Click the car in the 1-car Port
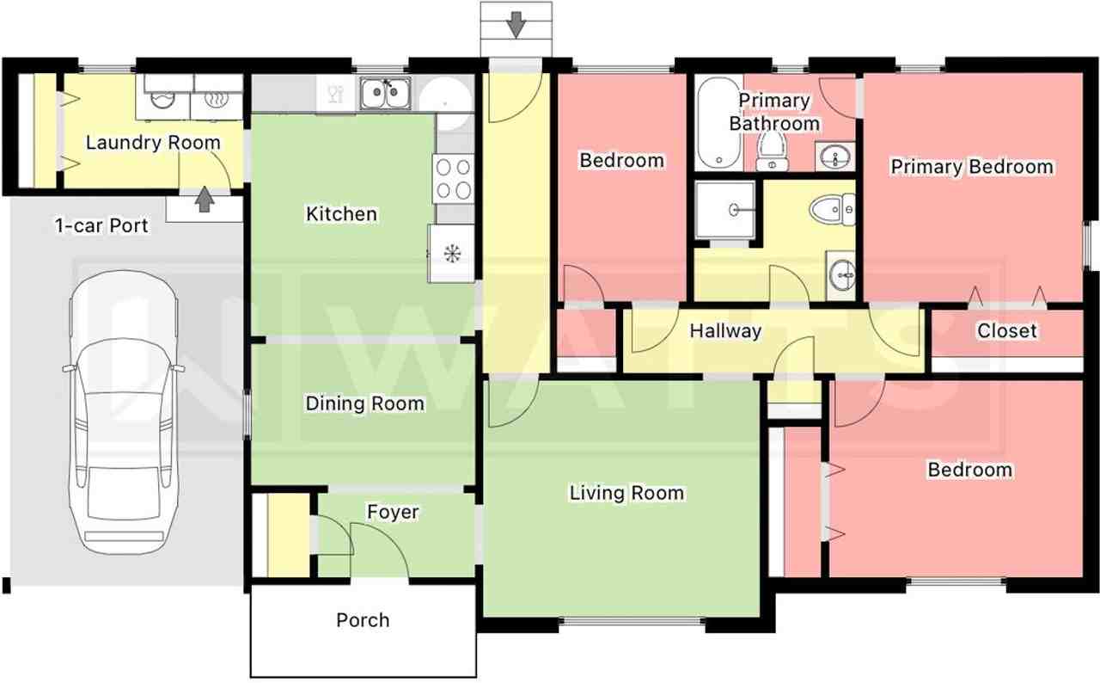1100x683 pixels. [x=123, y=412]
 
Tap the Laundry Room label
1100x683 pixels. [x=153, y=143]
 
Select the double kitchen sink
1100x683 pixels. [x=386, y=94]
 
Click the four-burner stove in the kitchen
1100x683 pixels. [x=453, y=178]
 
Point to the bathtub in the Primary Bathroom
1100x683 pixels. [x=718, y=123]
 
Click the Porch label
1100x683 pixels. [x=363, y=620]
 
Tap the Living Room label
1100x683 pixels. [x=626, y=493]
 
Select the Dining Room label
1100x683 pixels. [x=365, y=403]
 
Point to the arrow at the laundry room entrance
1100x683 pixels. [x=205, y=200]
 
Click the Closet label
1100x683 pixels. [x=1007, y=330]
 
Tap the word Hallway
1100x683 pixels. [x=725, y=330]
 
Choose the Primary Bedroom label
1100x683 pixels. [x=972, y=167]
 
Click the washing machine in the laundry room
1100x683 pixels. [x=163, y=97]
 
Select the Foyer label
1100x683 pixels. [x=393, y=512]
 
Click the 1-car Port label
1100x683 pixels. [x=101, y=225]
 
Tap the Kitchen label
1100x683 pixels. [x=341, y=213]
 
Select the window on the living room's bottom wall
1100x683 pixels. [x=632, y=622]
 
